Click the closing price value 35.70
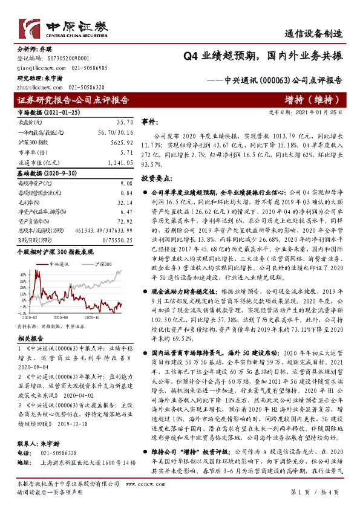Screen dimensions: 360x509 tap(124, 122)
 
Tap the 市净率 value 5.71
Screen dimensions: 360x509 tap(126, 152)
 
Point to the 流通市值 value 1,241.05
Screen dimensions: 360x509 tap(120, 163)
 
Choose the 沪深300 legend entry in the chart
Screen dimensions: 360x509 tap(103, 265)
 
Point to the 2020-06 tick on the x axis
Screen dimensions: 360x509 tap(60, 316)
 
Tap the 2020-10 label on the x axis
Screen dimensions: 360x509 tap(93, 316)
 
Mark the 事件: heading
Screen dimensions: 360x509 tap(149, 122)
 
